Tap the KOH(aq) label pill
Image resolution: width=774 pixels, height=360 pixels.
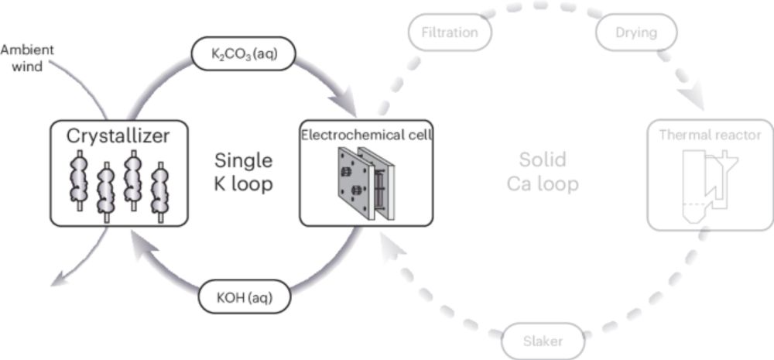[245, 295]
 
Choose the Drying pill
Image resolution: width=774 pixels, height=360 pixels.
[636, 33]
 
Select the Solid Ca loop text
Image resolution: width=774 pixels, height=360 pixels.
[543, 173]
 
